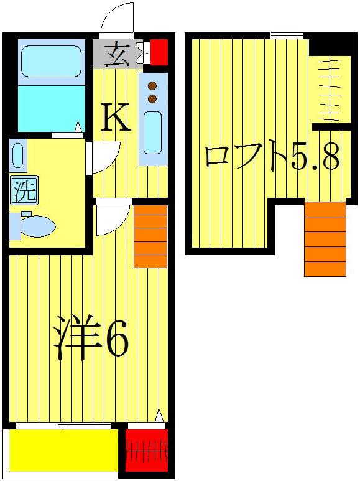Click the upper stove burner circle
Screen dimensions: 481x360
pyautogui.click(x=152, y=86)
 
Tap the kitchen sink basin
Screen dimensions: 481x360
pyautogui.click(x=153, y=132)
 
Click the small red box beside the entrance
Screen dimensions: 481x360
pyautogui.click(x=159, y=52)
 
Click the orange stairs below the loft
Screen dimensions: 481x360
pyautogui.click(x=325, y=239)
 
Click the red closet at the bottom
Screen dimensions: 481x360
pyautogui.click(x=147, y=450)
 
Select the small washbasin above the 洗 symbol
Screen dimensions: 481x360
pyautogui.click(x=17, y=156)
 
